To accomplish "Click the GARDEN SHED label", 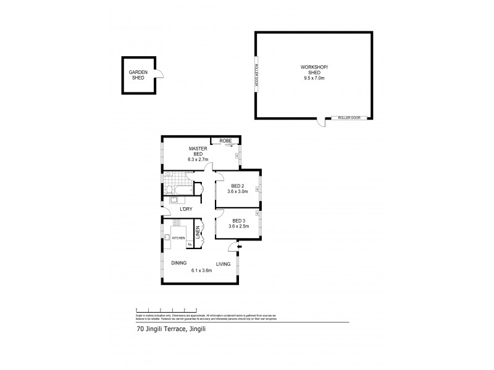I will coord(138,75).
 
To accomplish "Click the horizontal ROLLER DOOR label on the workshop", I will coord(345,117).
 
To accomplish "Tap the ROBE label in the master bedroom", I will coord(225,141).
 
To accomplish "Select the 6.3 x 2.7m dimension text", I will coord(199,159).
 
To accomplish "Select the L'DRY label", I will coord(186,209).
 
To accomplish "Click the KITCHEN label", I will coord(178,238).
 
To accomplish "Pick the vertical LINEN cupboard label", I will coord(198,234).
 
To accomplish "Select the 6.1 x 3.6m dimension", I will coord(201,270).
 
